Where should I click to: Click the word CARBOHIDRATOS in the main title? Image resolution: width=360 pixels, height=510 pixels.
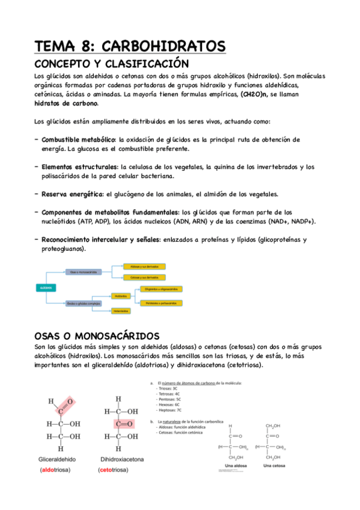[x=164, y=46]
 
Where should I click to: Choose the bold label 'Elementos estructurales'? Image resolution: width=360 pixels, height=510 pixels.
[x=79, y=167]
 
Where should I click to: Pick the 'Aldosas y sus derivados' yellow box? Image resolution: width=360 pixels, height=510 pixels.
[x=144, y=266]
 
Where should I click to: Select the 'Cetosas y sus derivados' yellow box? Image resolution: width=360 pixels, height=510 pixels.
[x=144, y=277]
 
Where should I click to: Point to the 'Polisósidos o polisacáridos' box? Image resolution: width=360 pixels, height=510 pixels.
[x=160, y=303]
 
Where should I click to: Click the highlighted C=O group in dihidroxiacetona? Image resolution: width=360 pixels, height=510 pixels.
[x=119, y=423]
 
